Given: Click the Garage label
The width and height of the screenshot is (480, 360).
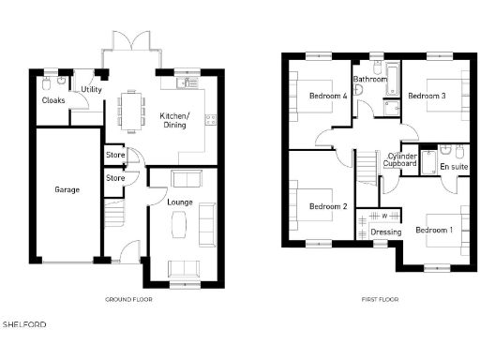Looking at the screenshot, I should coord(67,189).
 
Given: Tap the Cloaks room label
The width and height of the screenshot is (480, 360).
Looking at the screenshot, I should coord(53,100).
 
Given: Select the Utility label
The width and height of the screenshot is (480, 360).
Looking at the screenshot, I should coord(92,89).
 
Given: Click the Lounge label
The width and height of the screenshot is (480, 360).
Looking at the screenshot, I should coord(180,202).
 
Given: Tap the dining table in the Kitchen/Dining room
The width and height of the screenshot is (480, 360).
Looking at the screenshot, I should coord(133,110).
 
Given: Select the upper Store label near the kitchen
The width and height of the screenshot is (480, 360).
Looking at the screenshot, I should coord(115,156).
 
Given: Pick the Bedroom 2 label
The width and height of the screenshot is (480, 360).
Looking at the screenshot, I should coord(328,206).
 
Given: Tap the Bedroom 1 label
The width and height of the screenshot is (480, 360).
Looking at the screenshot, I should coord(433,230).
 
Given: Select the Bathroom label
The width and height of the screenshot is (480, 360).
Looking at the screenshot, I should coord(370,80).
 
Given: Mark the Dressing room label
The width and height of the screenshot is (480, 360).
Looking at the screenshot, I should coord(385,232).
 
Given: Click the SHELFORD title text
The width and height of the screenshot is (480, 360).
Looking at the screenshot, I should coord(23,324).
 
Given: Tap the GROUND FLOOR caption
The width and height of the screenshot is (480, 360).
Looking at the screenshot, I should coord(128,299).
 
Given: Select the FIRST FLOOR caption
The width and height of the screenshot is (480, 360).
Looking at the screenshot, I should coord(380,299).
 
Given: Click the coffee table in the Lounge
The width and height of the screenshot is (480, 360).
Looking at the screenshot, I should coord(180,224).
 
